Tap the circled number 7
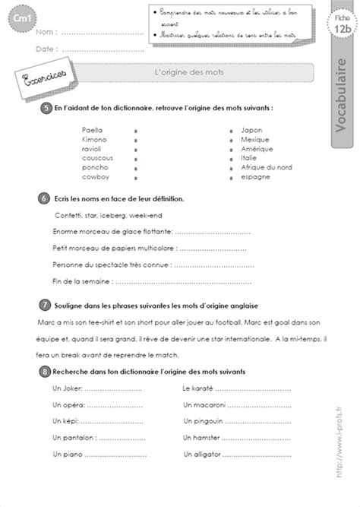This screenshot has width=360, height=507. coord(45,304)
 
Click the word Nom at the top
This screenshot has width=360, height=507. coord(45,33)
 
